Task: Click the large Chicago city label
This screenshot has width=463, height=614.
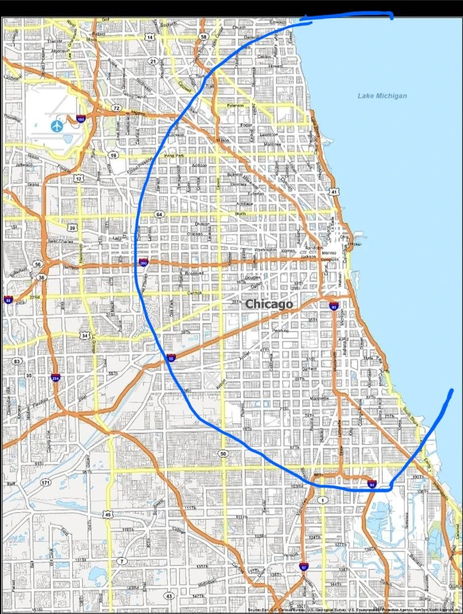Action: click(x=269, y=304)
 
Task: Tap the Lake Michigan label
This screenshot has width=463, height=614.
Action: click(x=383, y=95)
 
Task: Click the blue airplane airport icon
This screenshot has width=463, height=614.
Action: click(x=56, y=125)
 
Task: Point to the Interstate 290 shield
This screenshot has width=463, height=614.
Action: click(x=143, y=263)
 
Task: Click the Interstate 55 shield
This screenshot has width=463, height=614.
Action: click(x=171, y=358)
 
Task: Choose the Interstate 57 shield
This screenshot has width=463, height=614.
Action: click(x=304, y=567)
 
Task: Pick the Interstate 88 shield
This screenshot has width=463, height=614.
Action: click(x=8, y=300)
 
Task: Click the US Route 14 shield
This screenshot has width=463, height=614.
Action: click(x=150, y=37)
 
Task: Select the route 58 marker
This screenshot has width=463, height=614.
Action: click(x=204, y=37)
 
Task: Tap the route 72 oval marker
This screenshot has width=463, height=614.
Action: click(x=116, y=108)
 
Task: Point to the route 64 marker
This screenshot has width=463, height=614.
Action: click(x=159, y=214)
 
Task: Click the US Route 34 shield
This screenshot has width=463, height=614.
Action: click(x=85, y=335)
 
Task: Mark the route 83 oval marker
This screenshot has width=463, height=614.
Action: click(x=16, y=361)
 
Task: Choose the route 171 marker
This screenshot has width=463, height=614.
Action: click(x=46, y=483)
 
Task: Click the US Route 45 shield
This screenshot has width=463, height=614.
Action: click(x=109, y=515)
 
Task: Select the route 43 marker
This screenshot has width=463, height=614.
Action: click(x=169, y=596)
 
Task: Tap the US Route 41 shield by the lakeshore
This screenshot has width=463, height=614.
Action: click(x=334, y=192)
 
